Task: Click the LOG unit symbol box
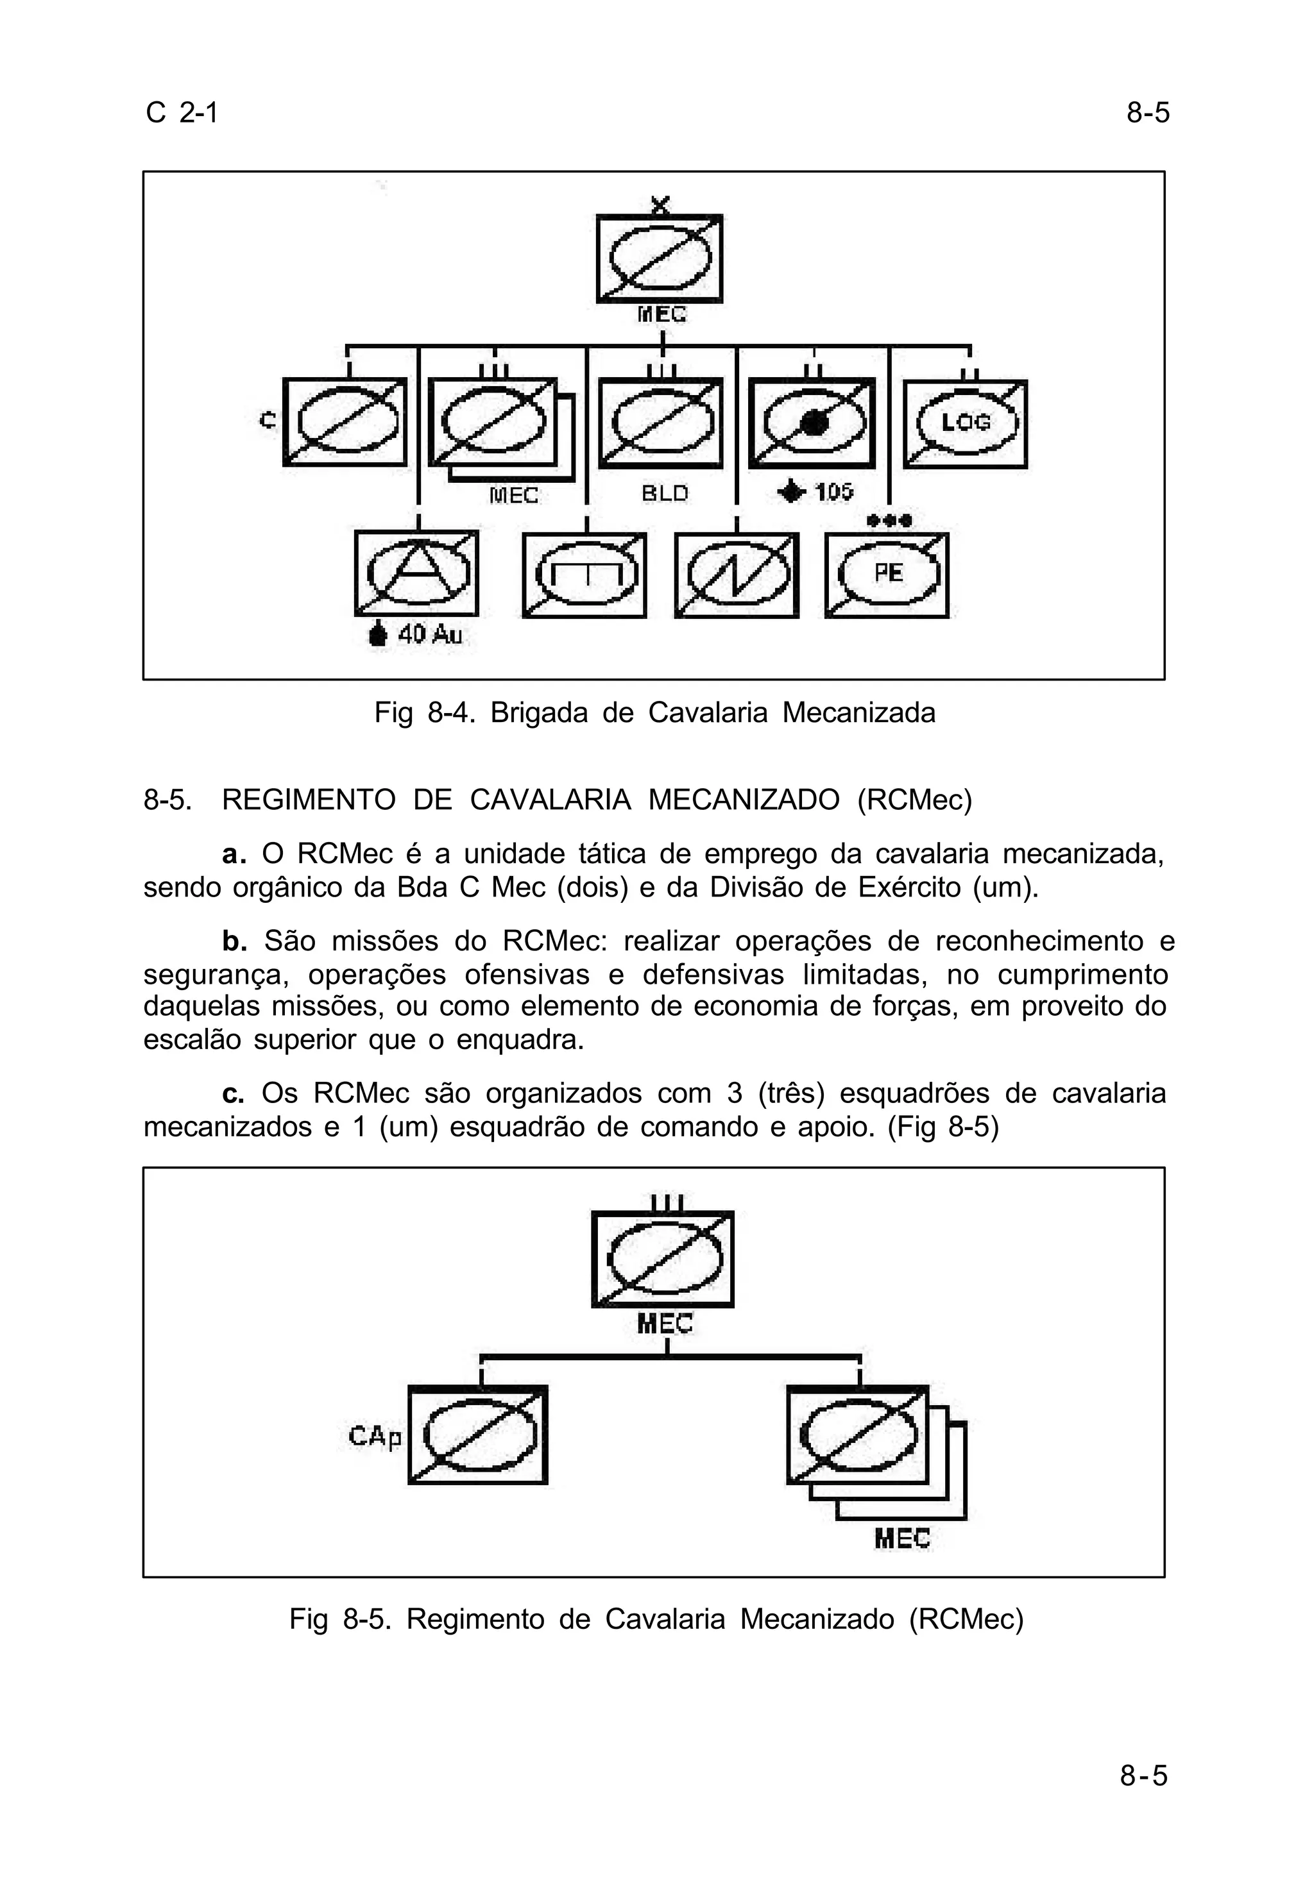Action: point(965,424)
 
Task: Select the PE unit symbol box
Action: point(887,575)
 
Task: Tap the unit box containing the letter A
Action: point(416,573)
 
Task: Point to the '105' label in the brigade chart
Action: point(833,492)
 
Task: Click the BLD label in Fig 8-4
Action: point(664,494)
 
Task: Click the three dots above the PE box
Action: point(889,520)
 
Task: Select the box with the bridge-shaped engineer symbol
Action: point(584,575)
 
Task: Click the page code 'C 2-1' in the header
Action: point(182,112)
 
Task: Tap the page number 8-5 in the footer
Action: point(1143,1776)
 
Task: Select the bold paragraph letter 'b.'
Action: point(234,941)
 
